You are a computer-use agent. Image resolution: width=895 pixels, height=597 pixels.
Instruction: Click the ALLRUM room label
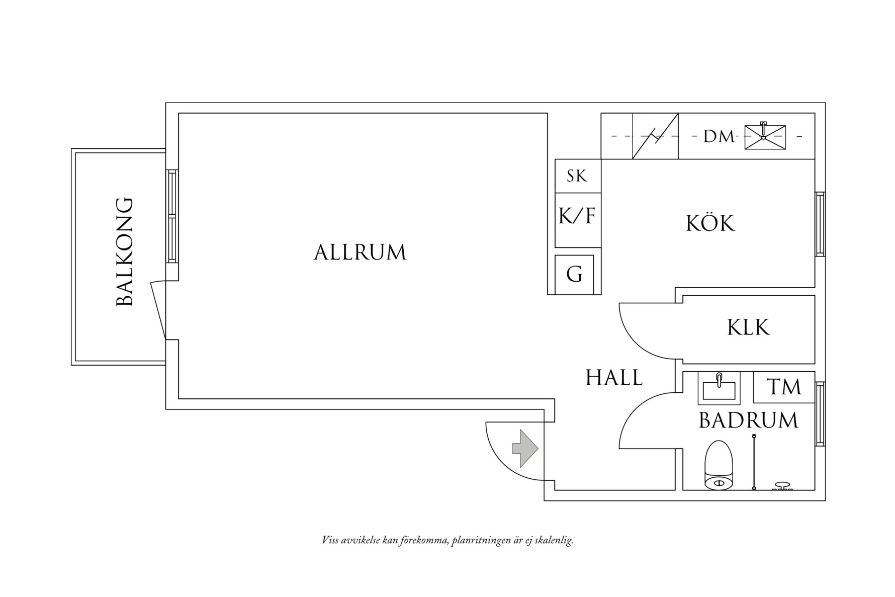tap(360, 252)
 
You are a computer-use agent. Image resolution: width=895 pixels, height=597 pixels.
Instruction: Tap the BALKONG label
tap(125, 252)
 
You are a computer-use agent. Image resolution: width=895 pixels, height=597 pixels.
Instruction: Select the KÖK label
tap(710, 223)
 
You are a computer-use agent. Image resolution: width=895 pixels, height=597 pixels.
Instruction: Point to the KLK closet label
tap(748, 328)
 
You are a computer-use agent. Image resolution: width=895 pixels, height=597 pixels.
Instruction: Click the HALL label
tap(614, 378)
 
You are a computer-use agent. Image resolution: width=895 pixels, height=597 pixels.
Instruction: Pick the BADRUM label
tap(748, 420)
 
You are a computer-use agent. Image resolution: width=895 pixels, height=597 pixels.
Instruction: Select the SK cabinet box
tap(577, 176)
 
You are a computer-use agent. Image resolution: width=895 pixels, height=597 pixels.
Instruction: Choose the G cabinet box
tap(574, 275)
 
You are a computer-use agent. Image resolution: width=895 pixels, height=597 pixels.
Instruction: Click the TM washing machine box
tap(784, 387)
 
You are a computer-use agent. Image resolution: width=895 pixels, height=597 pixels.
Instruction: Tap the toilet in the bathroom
tap(719, 466)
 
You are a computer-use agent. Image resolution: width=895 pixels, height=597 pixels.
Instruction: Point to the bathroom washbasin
tap(719, 389)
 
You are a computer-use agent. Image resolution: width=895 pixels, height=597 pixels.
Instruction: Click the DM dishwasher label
tap(719, 136)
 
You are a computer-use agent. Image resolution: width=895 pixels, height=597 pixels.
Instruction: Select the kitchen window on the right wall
tap(820, 224)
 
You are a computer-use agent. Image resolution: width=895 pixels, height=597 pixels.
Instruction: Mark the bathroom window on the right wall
tap(820, 414)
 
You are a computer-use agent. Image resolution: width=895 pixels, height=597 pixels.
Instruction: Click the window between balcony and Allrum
tap(172, 216)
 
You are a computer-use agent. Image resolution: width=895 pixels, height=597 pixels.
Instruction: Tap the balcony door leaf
tap(158, 310)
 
